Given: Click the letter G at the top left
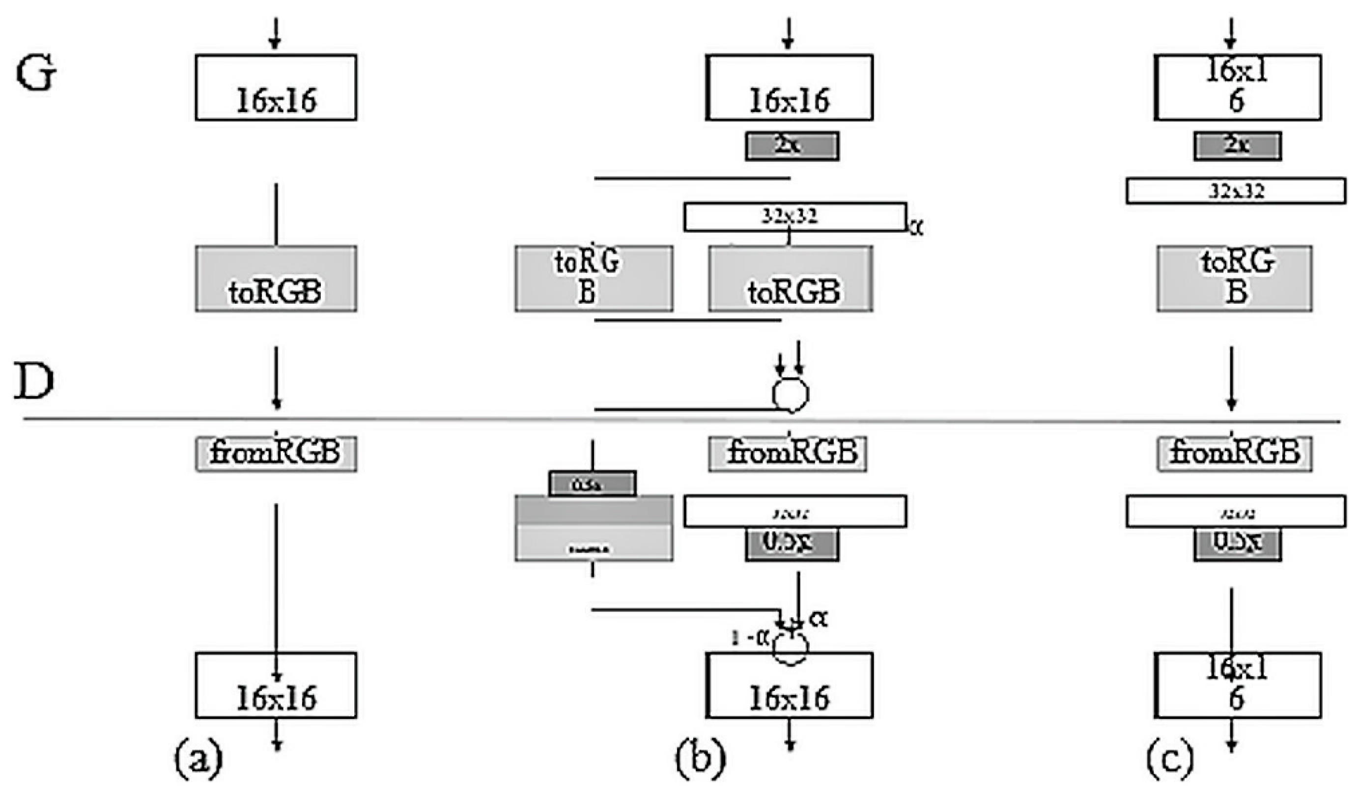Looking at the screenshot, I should [35, 75].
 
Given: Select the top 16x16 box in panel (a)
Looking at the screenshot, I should [276, 87].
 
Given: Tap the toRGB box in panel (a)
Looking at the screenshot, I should [276, 279].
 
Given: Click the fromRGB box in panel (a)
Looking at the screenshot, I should [276, 454].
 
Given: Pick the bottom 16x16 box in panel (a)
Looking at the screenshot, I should [276, 685].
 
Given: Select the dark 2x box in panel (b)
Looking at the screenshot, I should [792, 146].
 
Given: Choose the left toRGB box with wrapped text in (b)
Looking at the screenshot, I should [594, 279].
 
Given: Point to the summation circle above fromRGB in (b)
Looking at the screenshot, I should [791, 395].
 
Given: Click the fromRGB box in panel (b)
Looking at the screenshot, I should [787, 454].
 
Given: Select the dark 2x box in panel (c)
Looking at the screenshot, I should [1237, 146].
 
